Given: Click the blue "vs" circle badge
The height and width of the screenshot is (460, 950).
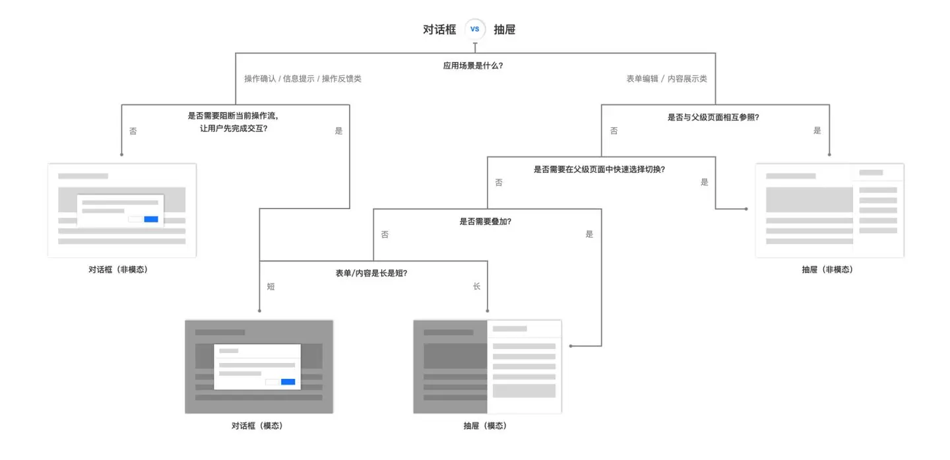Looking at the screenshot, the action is [475, 30].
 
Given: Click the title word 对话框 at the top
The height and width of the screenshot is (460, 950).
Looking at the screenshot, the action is [439, 30].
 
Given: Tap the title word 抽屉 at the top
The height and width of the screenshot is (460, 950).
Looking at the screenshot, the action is [505, 30].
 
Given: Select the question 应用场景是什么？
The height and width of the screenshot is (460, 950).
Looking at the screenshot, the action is [473, 66].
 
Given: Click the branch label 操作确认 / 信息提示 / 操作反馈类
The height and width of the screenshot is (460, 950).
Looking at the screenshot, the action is [303, 79].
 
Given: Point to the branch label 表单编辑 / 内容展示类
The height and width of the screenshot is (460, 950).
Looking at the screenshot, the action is [666, 79].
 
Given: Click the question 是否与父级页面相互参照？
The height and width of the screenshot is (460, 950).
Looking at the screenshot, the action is [713, 117].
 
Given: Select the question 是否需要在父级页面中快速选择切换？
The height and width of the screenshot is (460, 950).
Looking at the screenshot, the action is [599, 169].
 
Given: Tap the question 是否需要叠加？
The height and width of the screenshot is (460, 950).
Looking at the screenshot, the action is [485, 221].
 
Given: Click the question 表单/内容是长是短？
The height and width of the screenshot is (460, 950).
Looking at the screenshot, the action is [371, 273].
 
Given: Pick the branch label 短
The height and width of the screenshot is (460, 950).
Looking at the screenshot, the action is [270, 286].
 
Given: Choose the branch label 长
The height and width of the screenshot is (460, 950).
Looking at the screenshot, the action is [476, 286].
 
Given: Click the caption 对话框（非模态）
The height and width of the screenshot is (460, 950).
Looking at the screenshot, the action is [118, 269].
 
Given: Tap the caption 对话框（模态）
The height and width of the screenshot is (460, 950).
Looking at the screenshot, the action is [257, 426].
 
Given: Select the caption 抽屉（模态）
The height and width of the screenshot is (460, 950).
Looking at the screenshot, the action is [485, 426].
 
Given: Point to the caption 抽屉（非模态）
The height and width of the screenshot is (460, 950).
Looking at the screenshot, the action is [827, 269].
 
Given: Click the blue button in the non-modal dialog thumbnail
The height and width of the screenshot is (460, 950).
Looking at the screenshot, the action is [151, 219].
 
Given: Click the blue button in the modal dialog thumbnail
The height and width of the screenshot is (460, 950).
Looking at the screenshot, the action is [288, 381].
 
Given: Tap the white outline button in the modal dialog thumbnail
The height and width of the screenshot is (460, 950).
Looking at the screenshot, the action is [272, 381].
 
